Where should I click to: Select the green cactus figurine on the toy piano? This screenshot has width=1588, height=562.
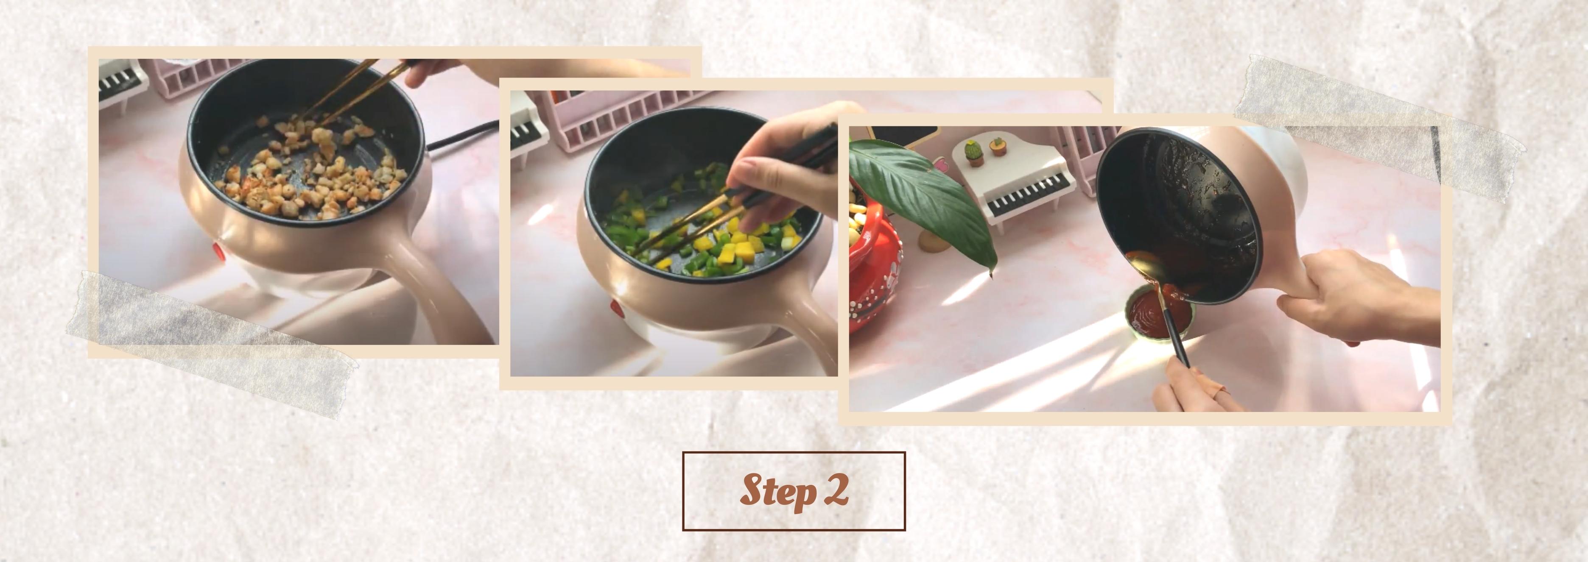coord(973,152)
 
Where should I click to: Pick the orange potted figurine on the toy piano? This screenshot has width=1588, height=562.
coord(996,147)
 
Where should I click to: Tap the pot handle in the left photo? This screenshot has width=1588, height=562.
coord(431,284)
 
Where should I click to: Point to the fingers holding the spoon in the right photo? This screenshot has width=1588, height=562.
coord(1190,388)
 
